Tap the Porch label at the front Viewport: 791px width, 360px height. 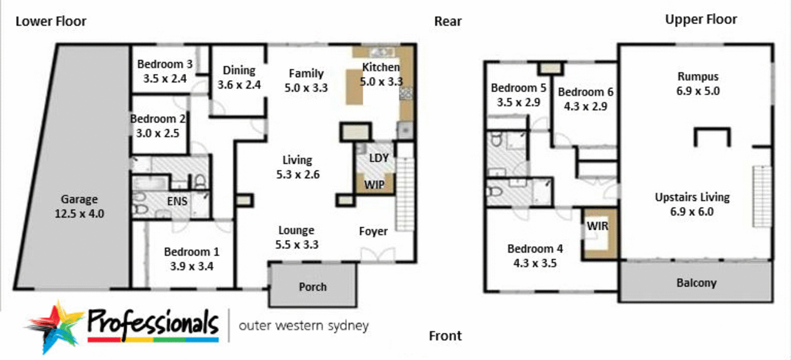pos(313,287)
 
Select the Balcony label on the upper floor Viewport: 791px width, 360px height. pos(696,283)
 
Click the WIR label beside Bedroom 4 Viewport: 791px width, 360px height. pos(597,227)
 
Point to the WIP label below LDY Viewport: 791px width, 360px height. pos(374,185)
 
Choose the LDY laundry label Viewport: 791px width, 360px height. pos(378,158)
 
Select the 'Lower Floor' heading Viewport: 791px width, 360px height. pos(51,22)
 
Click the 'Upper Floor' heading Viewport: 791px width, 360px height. pos(701,20)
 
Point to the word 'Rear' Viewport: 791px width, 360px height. pos(448,22)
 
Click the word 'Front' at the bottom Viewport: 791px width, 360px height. pos(445,336)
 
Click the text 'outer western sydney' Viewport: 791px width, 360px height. pos(303,326)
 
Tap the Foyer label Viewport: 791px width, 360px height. pos(373,231)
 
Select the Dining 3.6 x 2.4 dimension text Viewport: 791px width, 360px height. pos(239,84)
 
